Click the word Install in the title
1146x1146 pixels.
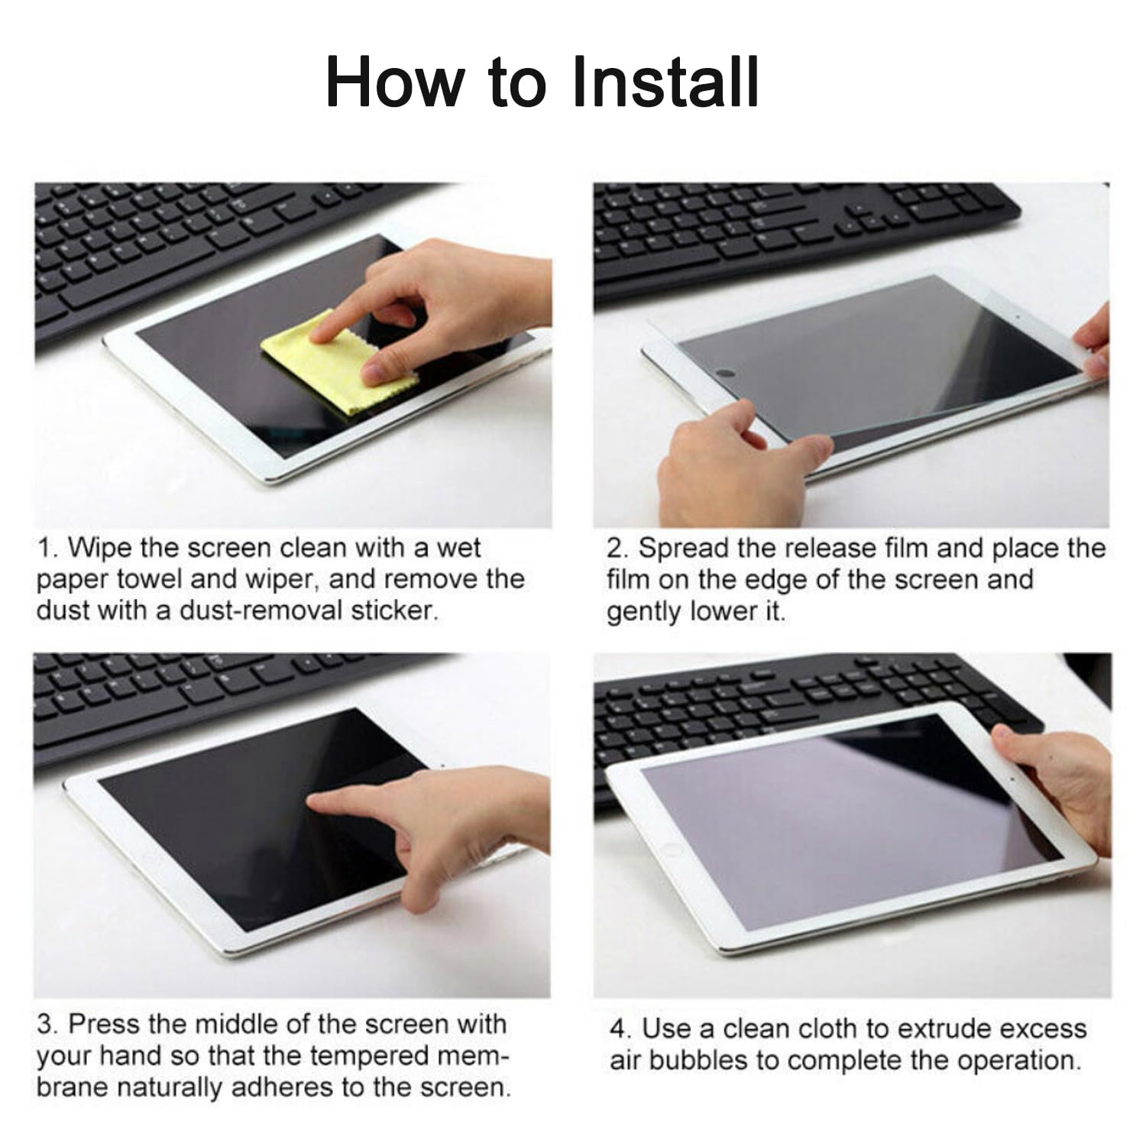point(665,82)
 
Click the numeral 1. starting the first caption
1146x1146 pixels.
point(48,548)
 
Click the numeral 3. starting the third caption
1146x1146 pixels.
point(48,1024)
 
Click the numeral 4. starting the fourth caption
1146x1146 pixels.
point(621,1028)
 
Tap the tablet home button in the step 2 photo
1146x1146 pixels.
point(725,374)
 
